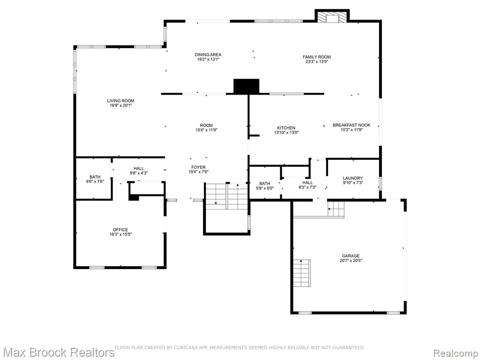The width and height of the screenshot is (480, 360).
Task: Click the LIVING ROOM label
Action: tap(120, 101)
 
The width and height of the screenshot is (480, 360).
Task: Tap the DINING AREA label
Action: tap(208, 55)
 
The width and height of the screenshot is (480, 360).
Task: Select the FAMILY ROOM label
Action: tap(316, 57)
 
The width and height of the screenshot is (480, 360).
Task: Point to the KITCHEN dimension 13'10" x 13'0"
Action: tap(286, 133)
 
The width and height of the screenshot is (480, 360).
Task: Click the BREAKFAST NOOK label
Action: tap(352, 125)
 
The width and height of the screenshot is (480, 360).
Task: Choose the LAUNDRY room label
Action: tap(352, 178)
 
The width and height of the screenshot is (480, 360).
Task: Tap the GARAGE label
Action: tap(351, 256)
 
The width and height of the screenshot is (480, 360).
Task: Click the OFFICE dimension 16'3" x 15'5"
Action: tap(120, 234)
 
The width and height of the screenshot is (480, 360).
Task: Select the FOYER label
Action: tap(198, 167)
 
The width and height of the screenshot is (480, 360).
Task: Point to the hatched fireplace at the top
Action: tap(332, 17)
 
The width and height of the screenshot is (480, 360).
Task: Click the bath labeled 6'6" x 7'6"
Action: tap(95, 179)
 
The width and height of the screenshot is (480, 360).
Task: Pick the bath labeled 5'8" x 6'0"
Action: tap(265, 186)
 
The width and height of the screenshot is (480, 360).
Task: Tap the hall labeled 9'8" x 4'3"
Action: tap(139, 171)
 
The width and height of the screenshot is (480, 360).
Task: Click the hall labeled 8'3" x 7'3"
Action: tap(307, 185)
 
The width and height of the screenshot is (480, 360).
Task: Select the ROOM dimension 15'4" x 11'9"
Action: tap(206, 130)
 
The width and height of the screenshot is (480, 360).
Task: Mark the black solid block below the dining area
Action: tap(247, 86)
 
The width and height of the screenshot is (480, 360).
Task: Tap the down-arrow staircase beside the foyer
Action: tap(216, 196)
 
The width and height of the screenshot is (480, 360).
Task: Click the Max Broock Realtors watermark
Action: tap(58, 352)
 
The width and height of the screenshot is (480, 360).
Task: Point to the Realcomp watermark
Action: tap(455, 353)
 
